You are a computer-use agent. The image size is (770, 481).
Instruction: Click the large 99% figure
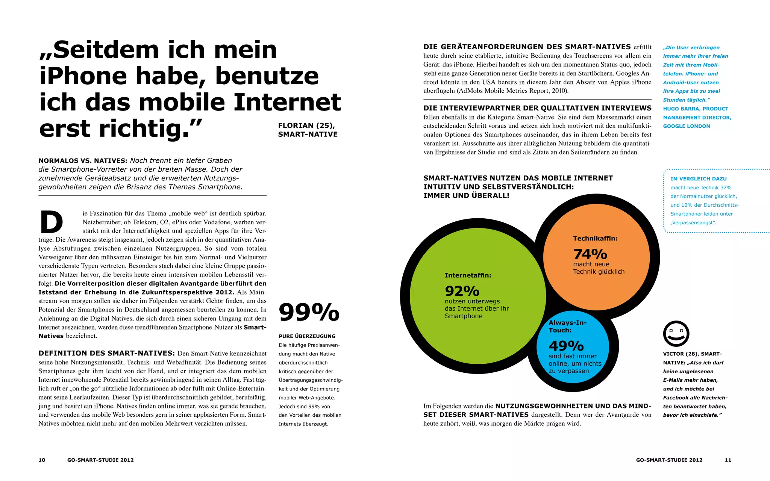[x=309, y=312]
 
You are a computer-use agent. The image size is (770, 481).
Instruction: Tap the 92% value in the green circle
[x=462, y=291]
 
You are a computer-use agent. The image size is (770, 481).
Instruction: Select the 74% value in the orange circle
[x=590, y=254]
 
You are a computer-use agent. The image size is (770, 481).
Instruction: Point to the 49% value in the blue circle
[x=566, y=346]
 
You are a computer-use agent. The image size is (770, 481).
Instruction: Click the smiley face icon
[x=676, y=334]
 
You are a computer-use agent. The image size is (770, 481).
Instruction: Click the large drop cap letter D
[x=52, y=222]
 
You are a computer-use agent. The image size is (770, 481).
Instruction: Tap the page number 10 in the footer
[x=42, y=460]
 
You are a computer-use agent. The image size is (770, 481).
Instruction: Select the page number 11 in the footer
[x=728, y=460]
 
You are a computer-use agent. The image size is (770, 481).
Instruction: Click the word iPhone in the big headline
[x=83, y=76]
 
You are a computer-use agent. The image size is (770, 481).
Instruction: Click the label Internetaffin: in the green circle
[x=468, y=275]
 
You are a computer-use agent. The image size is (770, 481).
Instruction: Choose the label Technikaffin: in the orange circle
[x=595, y=239]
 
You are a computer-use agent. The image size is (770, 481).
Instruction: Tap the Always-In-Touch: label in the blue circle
[x=567, y=326]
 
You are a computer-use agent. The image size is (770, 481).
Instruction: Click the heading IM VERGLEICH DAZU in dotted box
[x=698, y=179]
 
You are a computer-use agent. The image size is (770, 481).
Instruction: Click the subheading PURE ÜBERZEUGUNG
[x=307, y=336]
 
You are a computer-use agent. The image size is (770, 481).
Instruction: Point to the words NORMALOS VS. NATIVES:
[x=83, y=161]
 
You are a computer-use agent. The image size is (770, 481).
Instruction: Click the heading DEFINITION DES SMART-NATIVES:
[x=106, y=353]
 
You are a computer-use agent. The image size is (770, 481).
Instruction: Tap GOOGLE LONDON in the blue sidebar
[x=686, y=126]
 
